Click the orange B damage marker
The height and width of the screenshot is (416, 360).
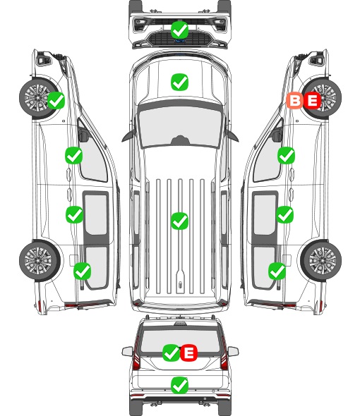pos(294,101)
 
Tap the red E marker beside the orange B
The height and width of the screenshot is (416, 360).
pos(312,101)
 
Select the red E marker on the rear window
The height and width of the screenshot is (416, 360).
pos(188,353)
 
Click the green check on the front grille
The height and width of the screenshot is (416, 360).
pos(180,30)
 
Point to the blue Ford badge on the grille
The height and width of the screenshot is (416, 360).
pos(179,41)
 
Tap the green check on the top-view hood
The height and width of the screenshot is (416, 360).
pos(179,82)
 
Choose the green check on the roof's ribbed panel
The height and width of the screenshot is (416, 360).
pos(179,221)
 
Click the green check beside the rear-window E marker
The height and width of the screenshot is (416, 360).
pos(171,353)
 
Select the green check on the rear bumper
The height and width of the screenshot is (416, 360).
pos(179,385)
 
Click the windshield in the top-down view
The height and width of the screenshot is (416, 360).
pos(180,126)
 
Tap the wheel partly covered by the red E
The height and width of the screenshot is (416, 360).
pos(322,99)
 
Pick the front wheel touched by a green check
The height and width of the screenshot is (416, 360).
pos(39,98)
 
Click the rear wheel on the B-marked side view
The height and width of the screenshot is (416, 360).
pos(321,261)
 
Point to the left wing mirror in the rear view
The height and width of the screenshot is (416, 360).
pos(128,351)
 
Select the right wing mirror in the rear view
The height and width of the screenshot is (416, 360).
pos(233,351)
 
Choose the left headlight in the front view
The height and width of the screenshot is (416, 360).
pos(140,24)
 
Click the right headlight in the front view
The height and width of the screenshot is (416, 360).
pos(220,24)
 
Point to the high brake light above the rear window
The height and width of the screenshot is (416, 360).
pos(180,324)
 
